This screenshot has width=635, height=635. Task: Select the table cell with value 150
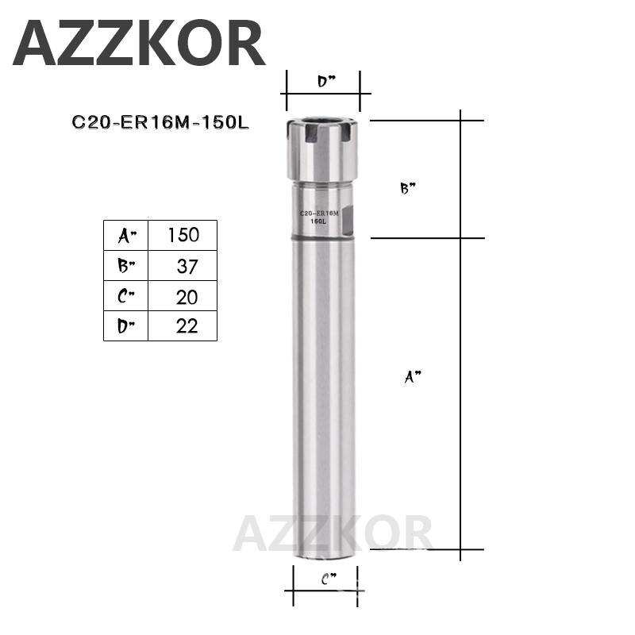pos(183,235)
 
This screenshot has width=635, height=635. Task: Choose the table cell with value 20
pos(183,296)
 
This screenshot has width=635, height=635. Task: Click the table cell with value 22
pos(183,325)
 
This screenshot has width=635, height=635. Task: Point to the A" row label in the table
pos(126,235)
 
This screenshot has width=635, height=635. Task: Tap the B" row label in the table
pos(126,266)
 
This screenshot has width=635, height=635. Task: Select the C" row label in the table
pos(126,296)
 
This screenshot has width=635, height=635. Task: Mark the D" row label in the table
pos(126,325)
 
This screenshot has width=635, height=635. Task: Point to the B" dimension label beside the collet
pos(408,189)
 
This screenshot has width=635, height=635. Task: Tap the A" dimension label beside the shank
pos(412,379)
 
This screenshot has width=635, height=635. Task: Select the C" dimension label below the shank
pos(328,581)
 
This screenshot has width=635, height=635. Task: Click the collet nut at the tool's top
pos(322,149)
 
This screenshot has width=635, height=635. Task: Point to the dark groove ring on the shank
pos(322,237)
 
